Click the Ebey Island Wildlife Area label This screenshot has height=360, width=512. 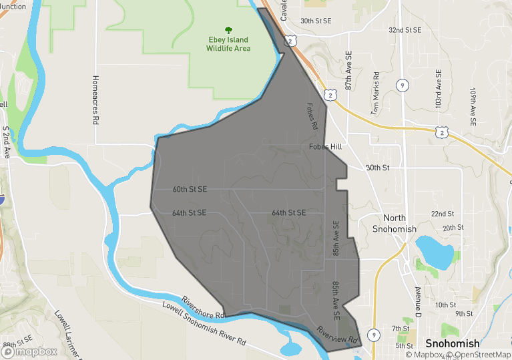pyautogui.click(x=228, y=44)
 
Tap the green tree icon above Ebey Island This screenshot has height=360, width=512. pyautogui.click(x=228, y=30)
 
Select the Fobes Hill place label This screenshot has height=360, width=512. pyautogui.click(x=325, y=147)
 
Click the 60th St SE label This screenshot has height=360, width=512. pyautogui.click(x=190, y=189)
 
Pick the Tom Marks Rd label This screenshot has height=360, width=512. pyautogui.click(x=378, y=94)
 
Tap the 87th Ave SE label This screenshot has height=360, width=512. pyautogui.click(x=348, y=71)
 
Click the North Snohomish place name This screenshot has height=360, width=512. pyautogui.click(x=400, y=224)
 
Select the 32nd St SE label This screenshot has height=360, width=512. pyautogui.click(x=405, y=30)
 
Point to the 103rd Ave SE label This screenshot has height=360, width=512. pyautogui.click(x=439, y=89)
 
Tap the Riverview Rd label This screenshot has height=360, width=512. pyautogui.click(x=337, y=335)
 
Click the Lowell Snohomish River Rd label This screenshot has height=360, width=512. pyautogui.click(x=204, y=325)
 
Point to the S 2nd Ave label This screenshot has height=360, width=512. pyautogui.click(x=6, y=142)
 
